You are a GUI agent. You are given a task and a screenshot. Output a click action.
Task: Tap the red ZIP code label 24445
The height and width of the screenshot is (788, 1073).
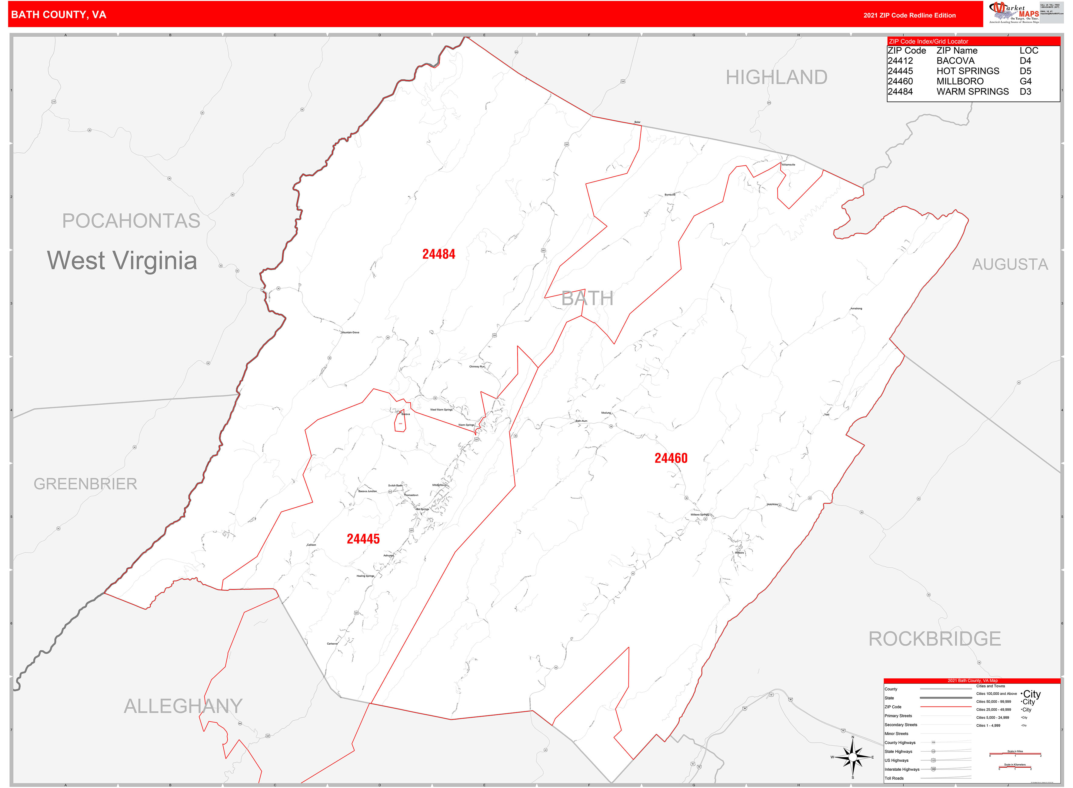click(x=363, y=539)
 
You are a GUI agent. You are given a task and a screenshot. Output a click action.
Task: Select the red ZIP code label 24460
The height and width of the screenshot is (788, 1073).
click(x=671, y=458)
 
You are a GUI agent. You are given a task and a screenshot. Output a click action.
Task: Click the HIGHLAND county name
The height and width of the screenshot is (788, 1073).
click(x=776, y=77)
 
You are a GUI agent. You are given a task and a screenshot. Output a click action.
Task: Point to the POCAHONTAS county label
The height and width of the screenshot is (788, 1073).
click(x=131, y=221)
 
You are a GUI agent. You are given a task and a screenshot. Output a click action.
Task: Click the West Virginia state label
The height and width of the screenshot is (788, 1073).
click(x=122, y=260)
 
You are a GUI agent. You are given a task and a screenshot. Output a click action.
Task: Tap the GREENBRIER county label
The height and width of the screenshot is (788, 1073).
click(x=85, y=484)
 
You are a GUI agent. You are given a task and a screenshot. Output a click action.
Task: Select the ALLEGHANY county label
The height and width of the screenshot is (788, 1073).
click(x=183, y=706)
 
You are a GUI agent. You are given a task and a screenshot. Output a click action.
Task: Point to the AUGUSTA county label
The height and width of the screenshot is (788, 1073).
click(x=1010, y=264)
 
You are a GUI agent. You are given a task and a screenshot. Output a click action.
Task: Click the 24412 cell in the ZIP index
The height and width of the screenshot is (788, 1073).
click(x=900, y=61)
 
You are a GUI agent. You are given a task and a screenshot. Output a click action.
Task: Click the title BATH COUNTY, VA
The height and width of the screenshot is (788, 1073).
click(x=59, y=15)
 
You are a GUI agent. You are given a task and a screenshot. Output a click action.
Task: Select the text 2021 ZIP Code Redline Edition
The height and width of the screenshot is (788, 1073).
click(x=909, y=15)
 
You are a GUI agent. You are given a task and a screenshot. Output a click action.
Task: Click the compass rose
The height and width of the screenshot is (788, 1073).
click(x=853, y=757)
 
